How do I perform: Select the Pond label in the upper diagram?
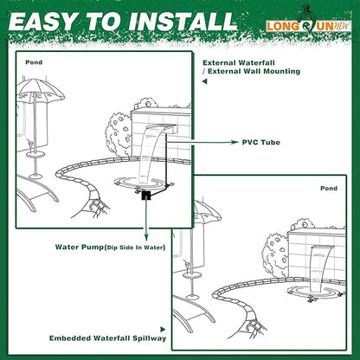33,62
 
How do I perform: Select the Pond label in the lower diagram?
329,187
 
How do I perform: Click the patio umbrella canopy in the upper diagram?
39,93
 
